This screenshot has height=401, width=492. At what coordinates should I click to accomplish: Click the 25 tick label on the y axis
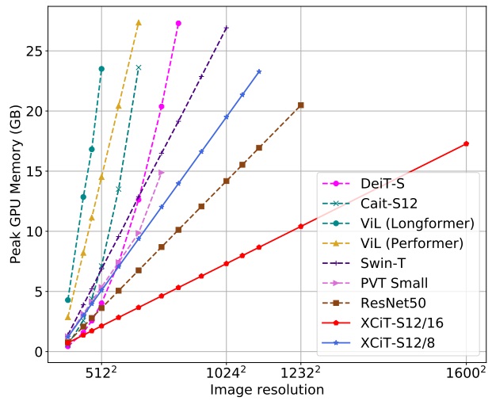coord(32,51)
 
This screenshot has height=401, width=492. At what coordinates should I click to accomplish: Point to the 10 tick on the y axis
coord(32,231)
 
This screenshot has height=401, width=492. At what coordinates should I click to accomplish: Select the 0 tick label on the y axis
coord(36,352)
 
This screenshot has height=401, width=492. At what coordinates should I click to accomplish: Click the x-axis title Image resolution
coord(267,390)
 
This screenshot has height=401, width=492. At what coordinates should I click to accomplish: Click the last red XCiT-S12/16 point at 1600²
coord(466,143)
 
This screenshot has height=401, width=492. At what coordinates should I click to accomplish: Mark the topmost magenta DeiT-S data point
coord(178,24)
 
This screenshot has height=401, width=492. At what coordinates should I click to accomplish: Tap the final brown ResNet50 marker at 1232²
coord(300,105)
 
